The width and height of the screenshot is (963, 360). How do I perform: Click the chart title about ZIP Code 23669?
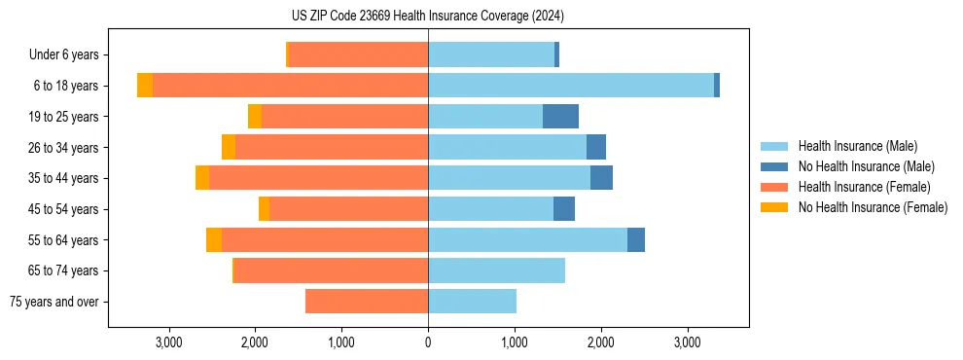tap(428, 17)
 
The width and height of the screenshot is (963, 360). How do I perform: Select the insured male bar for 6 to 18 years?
tap(571, 86)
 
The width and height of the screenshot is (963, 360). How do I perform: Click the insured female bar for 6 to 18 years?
tap(290, 86)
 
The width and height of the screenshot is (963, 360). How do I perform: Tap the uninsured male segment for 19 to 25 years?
tap(560, 117)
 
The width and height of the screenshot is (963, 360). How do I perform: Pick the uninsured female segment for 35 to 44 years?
tap(202, 178)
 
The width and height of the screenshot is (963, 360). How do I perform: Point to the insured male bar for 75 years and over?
tap(472, 302)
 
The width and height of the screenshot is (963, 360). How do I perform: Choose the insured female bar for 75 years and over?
tap(367, 302)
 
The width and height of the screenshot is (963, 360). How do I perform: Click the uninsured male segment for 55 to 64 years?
tap(636, 240)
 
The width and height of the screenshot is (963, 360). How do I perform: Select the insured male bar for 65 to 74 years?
tap(496, 270)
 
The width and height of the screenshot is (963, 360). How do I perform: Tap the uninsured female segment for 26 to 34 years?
tap(229, 147)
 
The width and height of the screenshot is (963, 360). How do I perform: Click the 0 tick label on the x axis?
tap(428, 342)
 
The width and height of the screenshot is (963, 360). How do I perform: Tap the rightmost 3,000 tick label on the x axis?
tap(687, 342)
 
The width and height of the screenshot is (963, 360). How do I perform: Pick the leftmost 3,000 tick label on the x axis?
tap(169, 342)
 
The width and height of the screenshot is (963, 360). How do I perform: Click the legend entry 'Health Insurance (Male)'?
tap(857, 146)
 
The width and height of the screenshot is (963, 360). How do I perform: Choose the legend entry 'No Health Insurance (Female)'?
tap(873, 207)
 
